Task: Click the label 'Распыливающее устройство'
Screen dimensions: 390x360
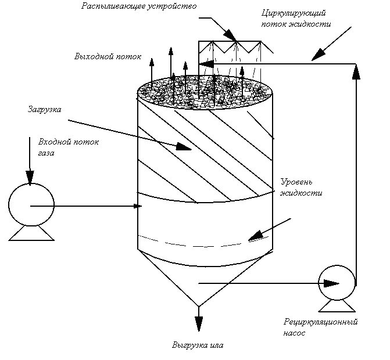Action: [139, 6]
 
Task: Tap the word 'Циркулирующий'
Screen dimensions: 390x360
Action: [294, 13]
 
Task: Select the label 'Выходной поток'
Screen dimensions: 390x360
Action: [108, 56]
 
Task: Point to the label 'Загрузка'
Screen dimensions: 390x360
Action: [45, 110]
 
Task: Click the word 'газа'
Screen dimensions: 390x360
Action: [46, 153]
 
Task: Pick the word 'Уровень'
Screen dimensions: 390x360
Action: [296, 182]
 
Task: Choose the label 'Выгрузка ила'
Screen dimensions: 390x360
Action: [198, 345]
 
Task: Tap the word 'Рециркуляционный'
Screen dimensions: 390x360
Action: [321, 322]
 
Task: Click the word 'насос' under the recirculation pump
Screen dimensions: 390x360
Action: [294, 333]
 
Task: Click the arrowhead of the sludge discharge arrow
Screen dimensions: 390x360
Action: [198, 324]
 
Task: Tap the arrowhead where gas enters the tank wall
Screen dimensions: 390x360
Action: [138, 206]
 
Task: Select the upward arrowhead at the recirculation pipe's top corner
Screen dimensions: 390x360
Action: [356, 72]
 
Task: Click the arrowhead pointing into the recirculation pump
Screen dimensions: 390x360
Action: [331, 283]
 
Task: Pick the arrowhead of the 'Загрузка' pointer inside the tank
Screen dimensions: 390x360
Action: [184, 147]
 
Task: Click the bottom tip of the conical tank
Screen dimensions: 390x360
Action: [198, 307]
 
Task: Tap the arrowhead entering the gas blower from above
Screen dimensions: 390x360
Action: [30, 178]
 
